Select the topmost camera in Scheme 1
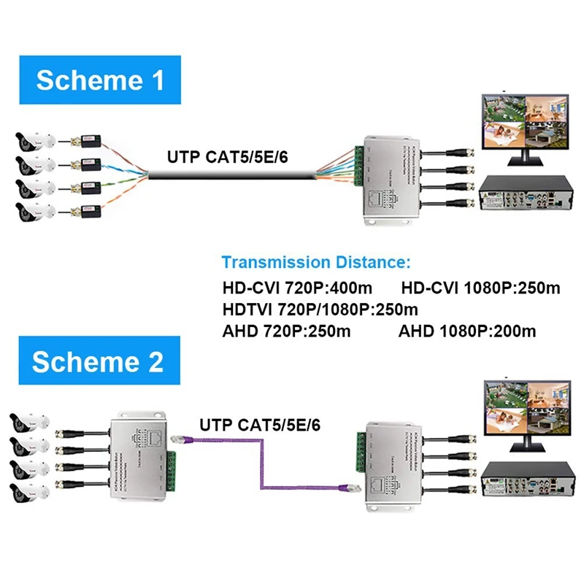tap(34, 139)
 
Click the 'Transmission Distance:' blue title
tap(316, 261)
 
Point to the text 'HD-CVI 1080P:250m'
tap(481, 287)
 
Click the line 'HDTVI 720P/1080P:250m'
tap(315, 309)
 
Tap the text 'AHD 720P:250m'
tap(286, 331)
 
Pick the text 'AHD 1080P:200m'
tap(467, 331)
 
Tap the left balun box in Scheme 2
tap(140, 453)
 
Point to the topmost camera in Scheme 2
tap(29, 423)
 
